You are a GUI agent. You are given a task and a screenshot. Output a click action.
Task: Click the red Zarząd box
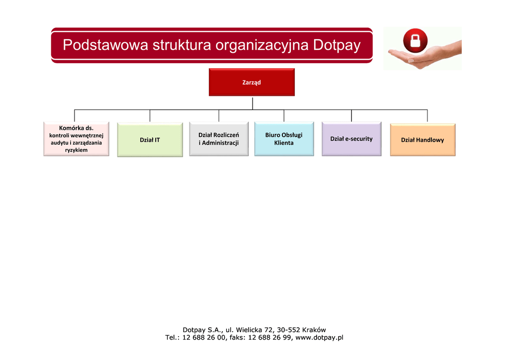coord(252,82)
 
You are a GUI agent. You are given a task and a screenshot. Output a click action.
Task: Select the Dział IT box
coord(150,140)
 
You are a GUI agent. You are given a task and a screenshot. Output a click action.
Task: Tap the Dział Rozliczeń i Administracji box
coord(219,139)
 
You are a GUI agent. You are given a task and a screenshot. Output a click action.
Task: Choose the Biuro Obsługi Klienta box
coord(284,139)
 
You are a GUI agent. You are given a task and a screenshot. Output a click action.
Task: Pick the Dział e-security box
coord(351,139)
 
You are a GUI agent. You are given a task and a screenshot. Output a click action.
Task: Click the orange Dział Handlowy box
coord(423,140)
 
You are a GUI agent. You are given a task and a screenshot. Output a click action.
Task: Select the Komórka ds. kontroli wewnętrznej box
coord(76,139)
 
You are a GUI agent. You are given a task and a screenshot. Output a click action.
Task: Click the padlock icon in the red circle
coord(415,40)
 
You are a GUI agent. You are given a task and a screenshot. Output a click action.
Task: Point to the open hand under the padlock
coord(423,57)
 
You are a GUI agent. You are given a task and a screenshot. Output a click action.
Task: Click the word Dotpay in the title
coord(337,46)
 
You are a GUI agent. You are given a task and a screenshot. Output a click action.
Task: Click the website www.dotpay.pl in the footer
coord(319,338)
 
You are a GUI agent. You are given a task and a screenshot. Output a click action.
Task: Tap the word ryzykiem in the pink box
coord(76,150)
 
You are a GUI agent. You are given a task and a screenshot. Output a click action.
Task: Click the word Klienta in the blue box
coord(284,143)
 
